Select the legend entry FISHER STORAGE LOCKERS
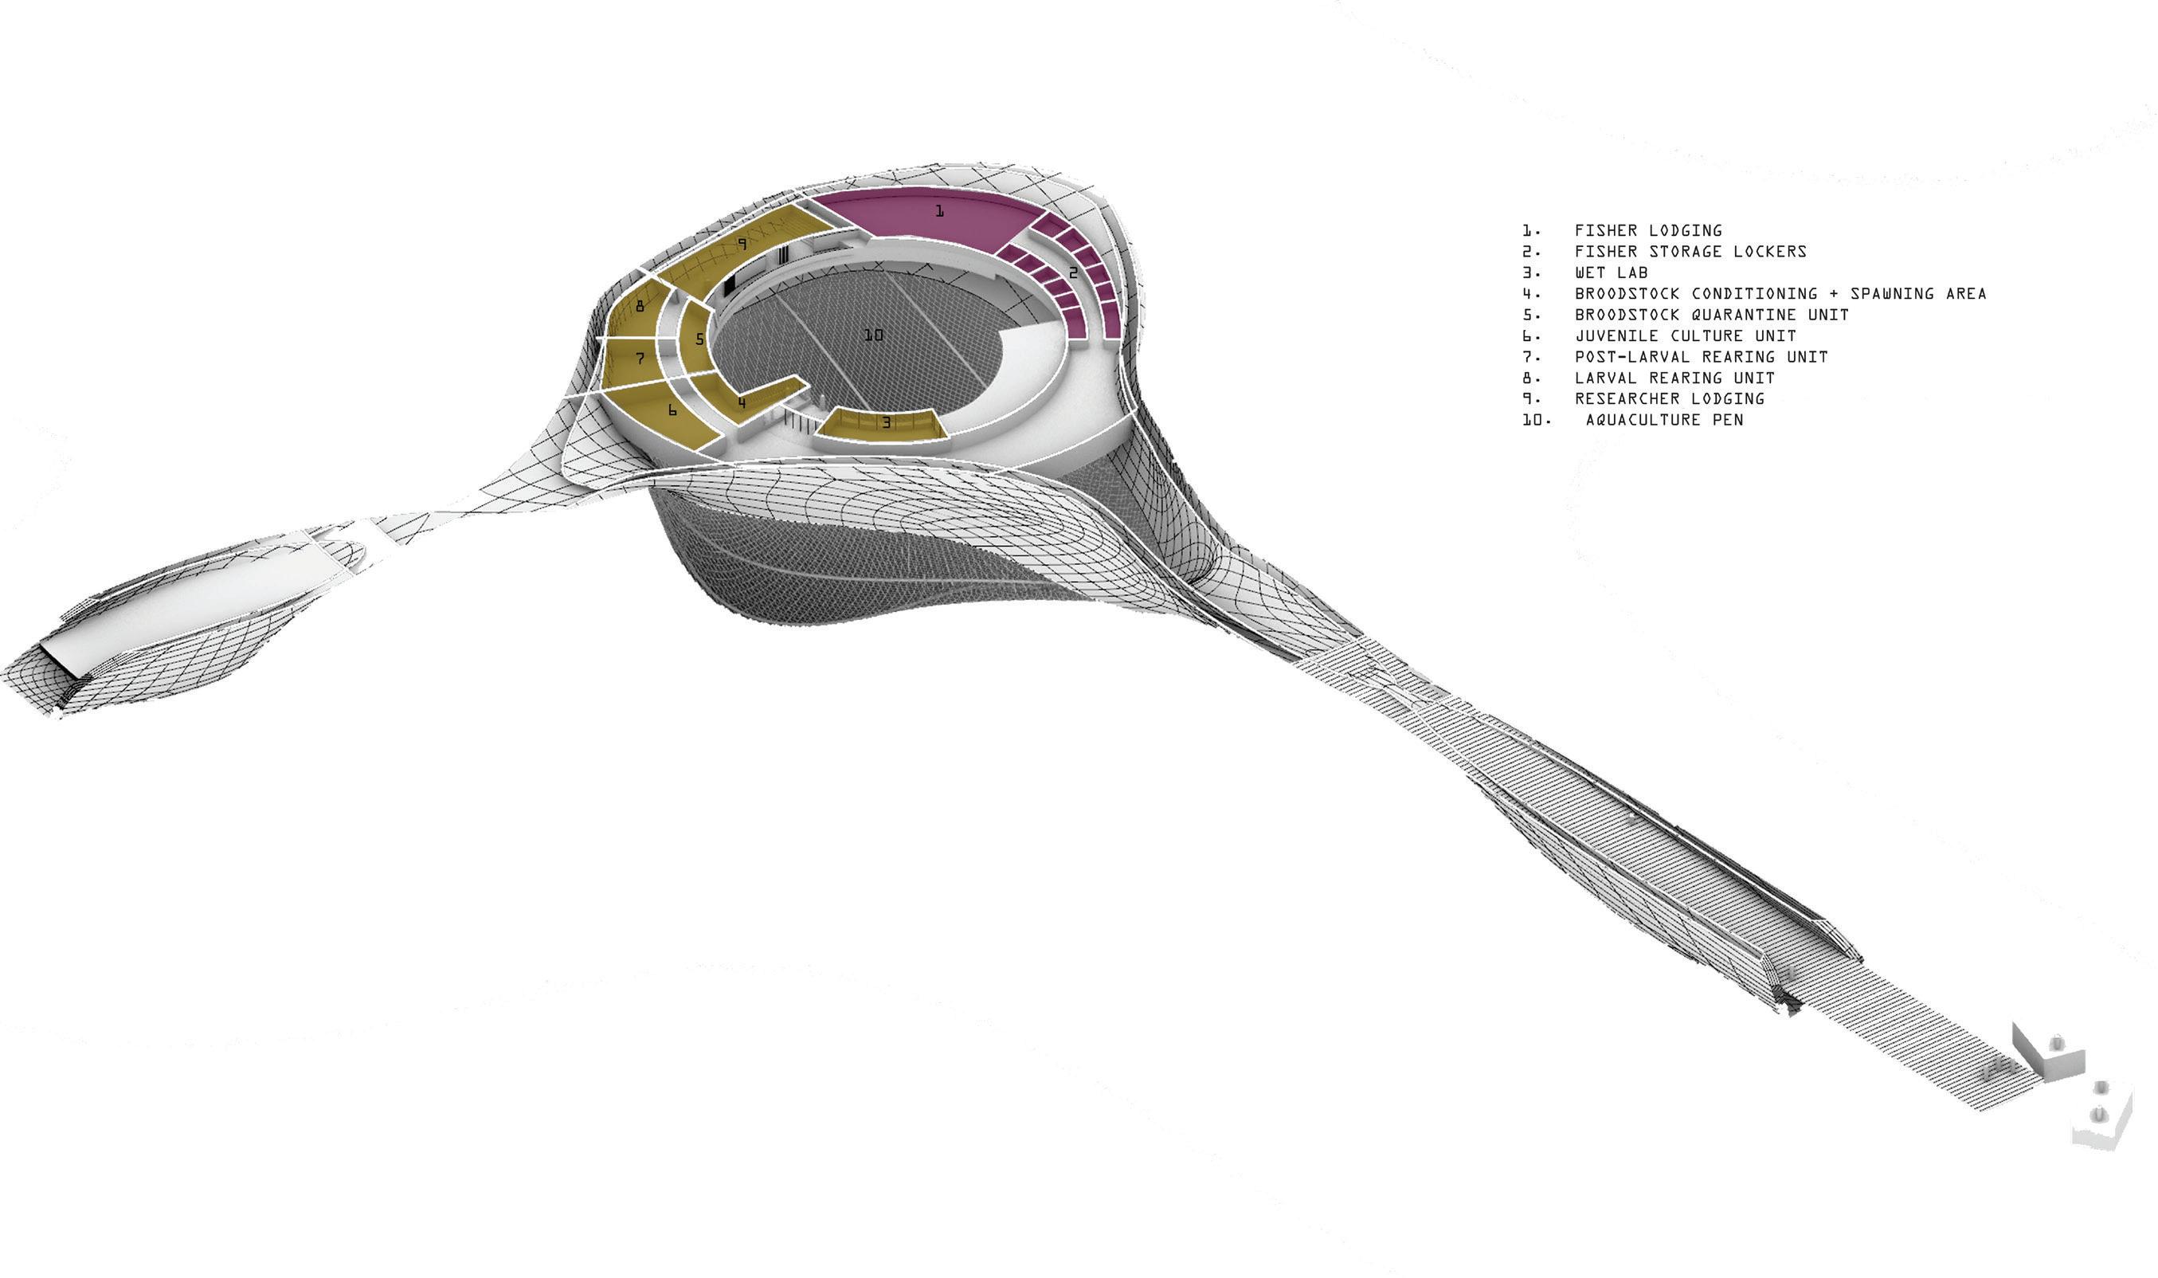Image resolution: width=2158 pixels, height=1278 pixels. (x=1690, y=252)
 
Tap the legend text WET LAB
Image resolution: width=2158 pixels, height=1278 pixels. (x=1612, y=272)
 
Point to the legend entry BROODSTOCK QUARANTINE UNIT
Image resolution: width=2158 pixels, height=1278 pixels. (x=1711, y=315)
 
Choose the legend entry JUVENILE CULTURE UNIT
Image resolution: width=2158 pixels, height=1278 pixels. (x=1685, y=336)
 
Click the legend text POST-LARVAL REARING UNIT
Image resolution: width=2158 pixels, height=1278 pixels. (x=1701, y=356)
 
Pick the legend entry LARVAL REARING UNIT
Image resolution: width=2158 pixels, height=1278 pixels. (x=1674, y=378)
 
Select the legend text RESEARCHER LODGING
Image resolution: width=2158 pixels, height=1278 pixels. (x=1669, y=398)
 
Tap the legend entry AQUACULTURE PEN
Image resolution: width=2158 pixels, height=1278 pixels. (x=1664, y=420)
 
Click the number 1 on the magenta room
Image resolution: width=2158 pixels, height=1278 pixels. (x=939, y=210)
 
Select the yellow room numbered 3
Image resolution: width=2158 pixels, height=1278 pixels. (x=885, y=424)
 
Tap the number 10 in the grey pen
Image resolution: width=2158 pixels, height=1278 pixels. (x=873, y=335)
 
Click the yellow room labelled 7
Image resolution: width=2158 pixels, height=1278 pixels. (x=640, y=359)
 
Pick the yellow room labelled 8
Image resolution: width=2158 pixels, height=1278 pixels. (x=640, y=306)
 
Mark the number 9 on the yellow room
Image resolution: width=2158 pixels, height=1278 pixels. (x=742, y=244)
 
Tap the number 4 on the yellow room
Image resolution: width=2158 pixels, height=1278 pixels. (x=741, y=402)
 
